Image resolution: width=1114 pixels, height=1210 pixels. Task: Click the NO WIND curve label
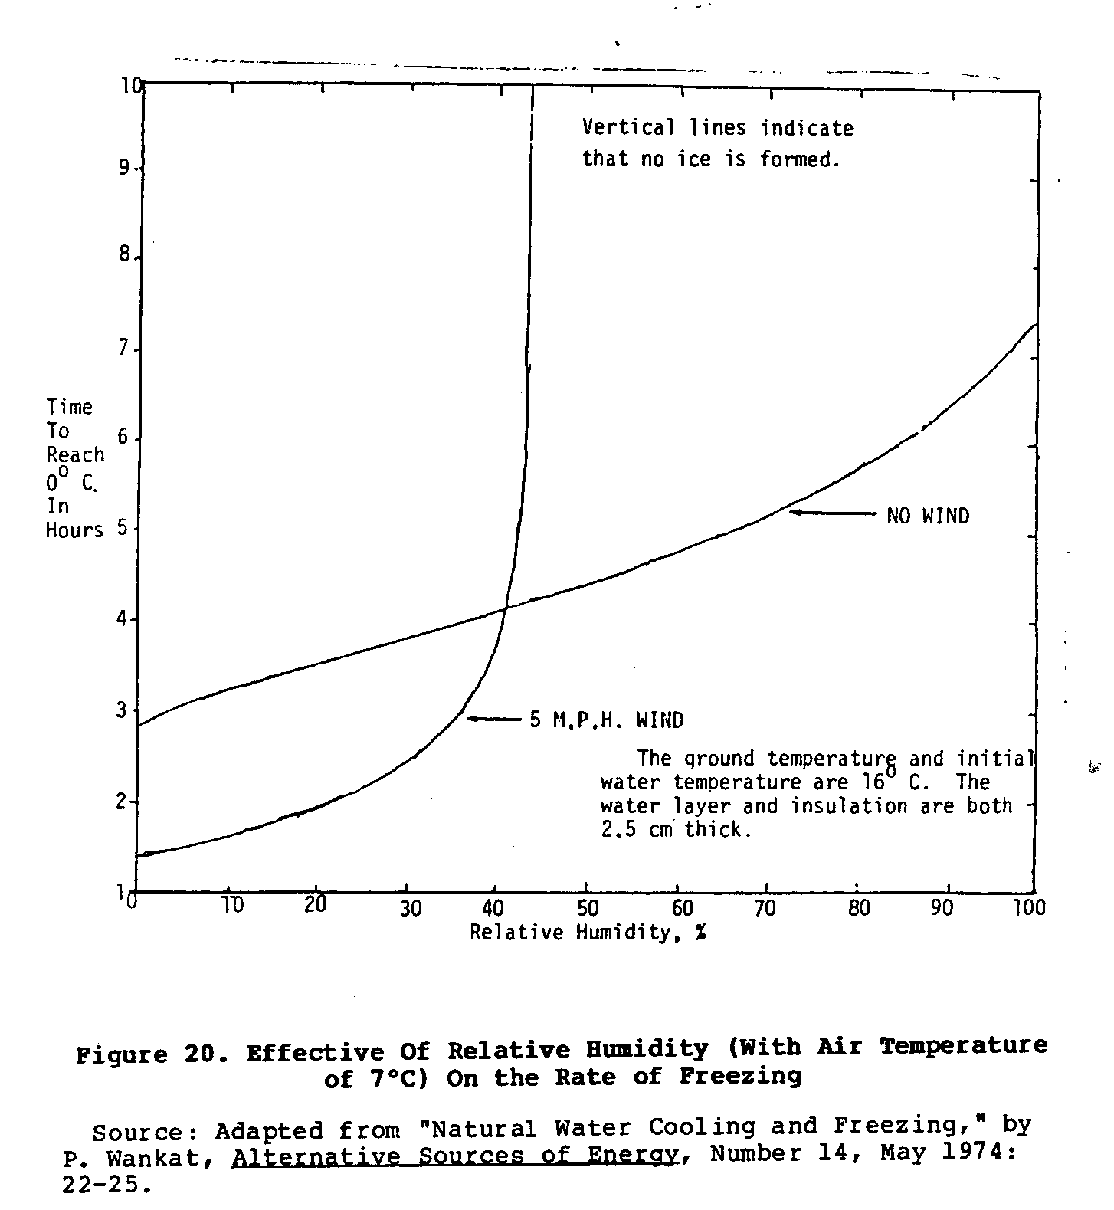(x=928, y=516)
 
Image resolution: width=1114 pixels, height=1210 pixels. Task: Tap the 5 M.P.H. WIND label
(x=607, y=720)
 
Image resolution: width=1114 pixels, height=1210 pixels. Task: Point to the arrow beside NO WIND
(x=833, y=512)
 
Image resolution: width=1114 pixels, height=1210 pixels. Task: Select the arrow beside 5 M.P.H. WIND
(x=494, y=719)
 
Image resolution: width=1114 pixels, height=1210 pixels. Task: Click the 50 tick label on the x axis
(x=588, y=908)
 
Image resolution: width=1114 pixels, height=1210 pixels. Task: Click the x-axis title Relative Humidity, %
(x=588, y=933)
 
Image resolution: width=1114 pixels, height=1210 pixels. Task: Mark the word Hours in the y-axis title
(x=74, y=530)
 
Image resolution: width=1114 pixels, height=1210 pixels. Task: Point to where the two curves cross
(x=505, y=608)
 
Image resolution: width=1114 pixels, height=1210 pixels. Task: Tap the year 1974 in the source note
(x=972, y=1153)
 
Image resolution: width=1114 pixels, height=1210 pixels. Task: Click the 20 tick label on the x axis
(x=315, y=905)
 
